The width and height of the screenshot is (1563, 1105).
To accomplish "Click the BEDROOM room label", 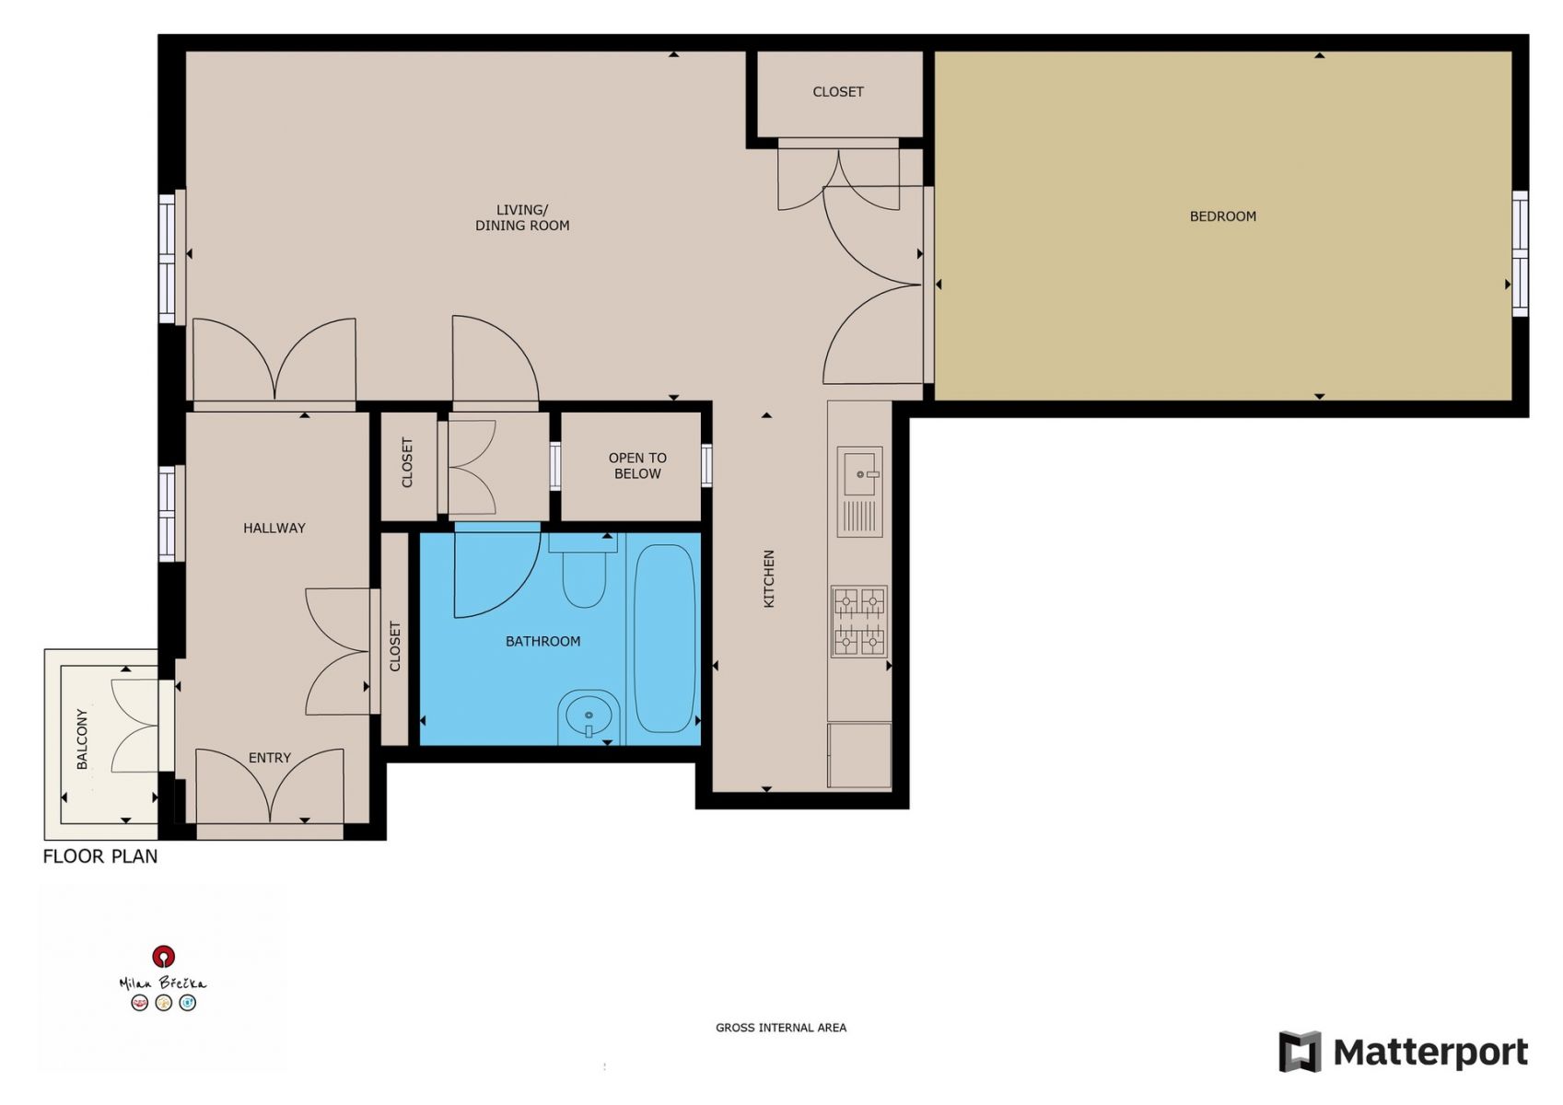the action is (1222, 216).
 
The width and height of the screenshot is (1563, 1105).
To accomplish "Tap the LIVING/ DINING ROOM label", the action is (522, 217).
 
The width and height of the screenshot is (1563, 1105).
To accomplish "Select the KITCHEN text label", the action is (768, 578).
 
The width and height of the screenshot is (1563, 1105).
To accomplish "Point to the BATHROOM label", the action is (542, 641).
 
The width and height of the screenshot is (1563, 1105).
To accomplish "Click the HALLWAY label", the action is (274, 528).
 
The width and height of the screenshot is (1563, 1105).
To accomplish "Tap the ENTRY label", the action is (269, 758).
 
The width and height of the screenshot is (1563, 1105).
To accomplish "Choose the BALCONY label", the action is (82, 739).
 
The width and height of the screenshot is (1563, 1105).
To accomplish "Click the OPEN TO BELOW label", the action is (637, 466).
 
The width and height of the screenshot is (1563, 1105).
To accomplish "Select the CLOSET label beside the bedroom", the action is (838, 91).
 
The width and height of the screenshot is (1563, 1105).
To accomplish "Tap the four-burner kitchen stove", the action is (859, 622).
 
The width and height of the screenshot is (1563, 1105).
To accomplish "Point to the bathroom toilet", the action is (583, 571).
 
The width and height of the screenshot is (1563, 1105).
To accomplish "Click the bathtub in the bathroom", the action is (663, 638).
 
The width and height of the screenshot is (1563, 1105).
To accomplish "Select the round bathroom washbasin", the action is (589, 717).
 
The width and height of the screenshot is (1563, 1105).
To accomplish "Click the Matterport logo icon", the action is (1300, 1051).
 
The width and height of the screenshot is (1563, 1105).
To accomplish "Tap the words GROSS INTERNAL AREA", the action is (781, 1028).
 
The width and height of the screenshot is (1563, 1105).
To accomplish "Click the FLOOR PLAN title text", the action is (100, 856).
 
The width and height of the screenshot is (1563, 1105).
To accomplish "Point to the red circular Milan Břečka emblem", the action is (163, 956).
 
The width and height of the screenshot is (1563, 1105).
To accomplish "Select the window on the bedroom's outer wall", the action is (1521, 254).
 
